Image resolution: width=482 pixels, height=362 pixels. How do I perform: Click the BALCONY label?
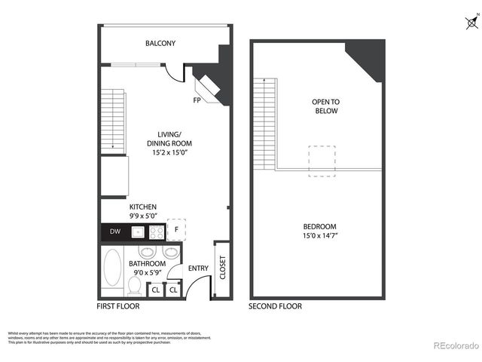coord(160,44)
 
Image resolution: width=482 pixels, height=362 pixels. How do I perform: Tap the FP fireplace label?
coord(197,100)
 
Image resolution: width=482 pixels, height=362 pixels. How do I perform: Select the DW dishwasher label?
coord(114,232)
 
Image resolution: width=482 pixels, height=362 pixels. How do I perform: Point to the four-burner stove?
coord(157,232)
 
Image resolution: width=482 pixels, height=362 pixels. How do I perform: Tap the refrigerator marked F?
coord(176,229)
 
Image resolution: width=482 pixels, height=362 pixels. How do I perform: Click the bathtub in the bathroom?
coord(112,268)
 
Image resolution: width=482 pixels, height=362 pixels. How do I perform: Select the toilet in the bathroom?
coord(135,285)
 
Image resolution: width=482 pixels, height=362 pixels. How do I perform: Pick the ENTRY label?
coord(198,268)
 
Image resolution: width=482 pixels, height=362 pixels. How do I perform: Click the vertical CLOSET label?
coord(222,268)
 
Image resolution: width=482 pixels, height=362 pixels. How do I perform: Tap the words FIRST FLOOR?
coord(118,306)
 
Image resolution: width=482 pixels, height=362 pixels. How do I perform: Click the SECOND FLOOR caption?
coord(276,306)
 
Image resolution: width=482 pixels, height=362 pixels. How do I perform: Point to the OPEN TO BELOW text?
coord(325,106)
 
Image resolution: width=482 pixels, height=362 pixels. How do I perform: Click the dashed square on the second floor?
coord(322,161)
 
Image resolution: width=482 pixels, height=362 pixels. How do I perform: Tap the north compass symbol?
coord(470,23)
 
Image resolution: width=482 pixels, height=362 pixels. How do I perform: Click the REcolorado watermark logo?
coord(456,346)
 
